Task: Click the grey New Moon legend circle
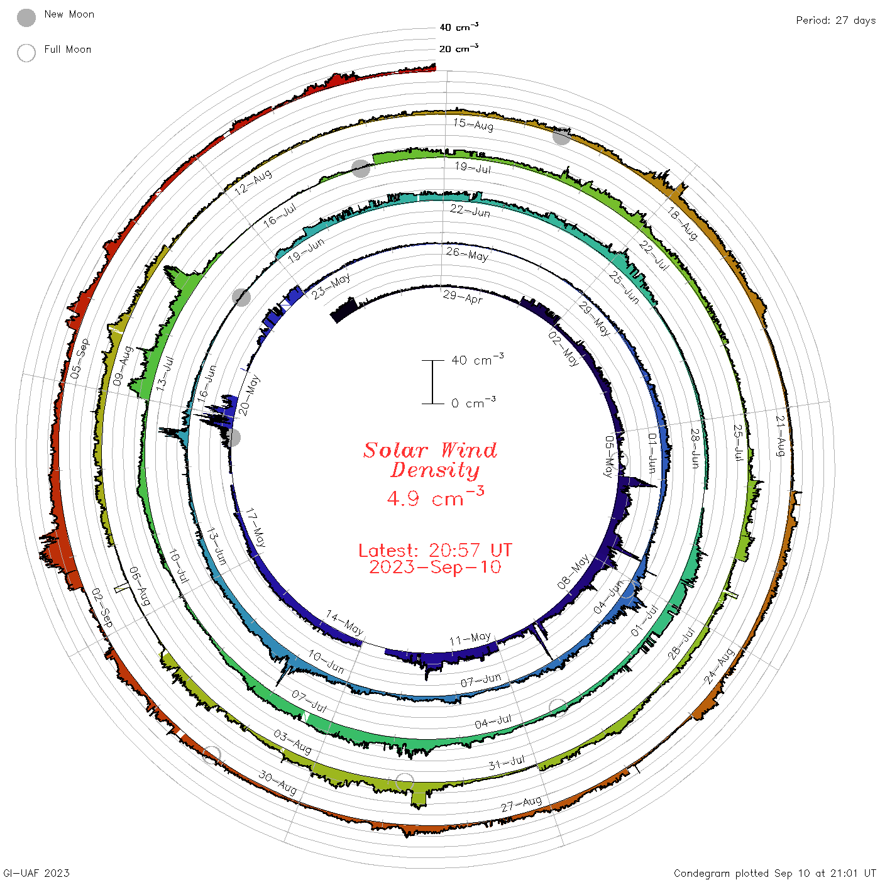(26, 18)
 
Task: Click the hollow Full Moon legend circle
(26, 53)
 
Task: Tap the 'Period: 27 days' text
(835, 21)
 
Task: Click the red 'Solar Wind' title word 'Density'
(435, 470)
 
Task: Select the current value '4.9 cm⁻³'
(435, 497)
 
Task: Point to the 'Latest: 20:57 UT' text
(435, 550)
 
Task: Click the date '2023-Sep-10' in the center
(435, 568)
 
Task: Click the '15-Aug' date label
(473, 124)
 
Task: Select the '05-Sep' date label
(80, 359)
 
